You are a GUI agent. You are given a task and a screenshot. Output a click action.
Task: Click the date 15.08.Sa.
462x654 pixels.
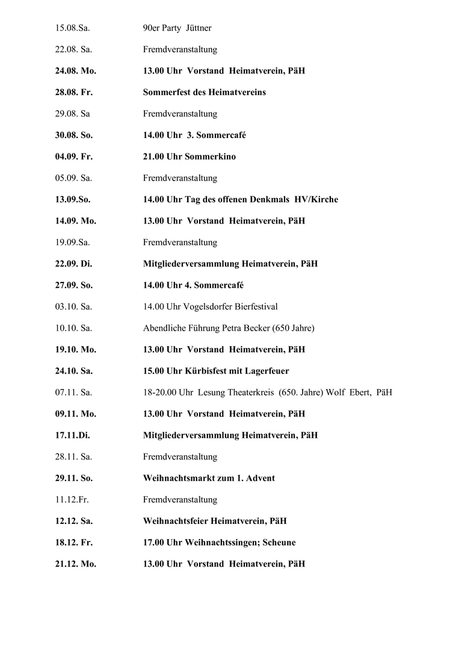click(73, 28)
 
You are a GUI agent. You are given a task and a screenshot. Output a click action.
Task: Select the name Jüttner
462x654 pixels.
click(198, 28)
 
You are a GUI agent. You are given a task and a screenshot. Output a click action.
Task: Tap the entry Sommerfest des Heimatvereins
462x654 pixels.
click(204, 92)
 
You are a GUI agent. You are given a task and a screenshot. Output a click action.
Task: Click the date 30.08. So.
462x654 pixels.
click(74, 135)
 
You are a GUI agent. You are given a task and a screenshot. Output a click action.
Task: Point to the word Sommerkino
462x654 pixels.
click(211, 157)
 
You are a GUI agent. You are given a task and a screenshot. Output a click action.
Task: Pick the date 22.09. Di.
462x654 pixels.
click(73, 264)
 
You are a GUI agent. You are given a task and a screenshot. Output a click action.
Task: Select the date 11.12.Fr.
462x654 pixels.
click(72, 500)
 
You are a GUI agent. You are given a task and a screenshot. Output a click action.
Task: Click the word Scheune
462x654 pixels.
click(279, 543)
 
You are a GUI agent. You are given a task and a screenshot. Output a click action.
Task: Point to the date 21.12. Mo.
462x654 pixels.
click(76, 564)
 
